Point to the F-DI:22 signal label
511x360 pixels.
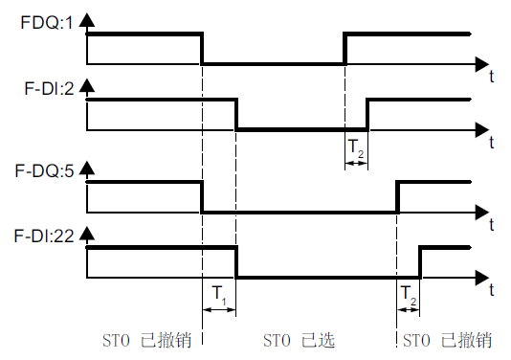click(46, 233)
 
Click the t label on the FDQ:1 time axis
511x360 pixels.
click(490, 73)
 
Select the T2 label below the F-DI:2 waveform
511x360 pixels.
click(355, 147)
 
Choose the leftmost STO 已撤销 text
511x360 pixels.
click(147, 340)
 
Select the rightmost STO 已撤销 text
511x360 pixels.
click(447, 340)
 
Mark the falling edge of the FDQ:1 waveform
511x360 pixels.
click(202, 49)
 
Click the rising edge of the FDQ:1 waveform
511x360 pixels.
click(344, 49)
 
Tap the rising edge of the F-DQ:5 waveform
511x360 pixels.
click(397, 196)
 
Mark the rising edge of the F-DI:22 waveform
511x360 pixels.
click(420, 262)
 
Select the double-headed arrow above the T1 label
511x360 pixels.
click(219, 309)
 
